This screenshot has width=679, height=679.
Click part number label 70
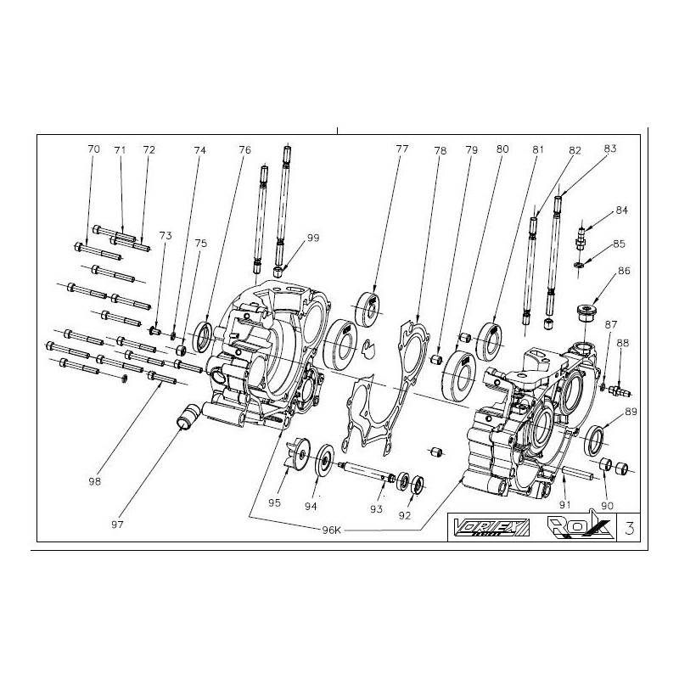(93, 149)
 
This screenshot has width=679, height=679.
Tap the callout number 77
(402, 149)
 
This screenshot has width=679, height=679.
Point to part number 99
(313, 238)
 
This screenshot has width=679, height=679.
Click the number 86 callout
(624, 272)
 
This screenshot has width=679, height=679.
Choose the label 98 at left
(94, 482)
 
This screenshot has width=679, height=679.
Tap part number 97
(117, 525)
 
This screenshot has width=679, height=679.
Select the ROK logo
(568, 526)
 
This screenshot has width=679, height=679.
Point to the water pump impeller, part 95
(297, 451)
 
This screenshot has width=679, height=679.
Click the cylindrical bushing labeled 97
(186, 417)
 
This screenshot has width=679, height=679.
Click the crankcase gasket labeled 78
(382, 382)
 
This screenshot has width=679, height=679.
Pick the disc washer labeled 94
(323, 461)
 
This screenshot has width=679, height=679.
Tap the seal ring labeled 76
(204, 336)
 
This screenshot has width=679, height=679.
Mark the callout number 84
(622, 210)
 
